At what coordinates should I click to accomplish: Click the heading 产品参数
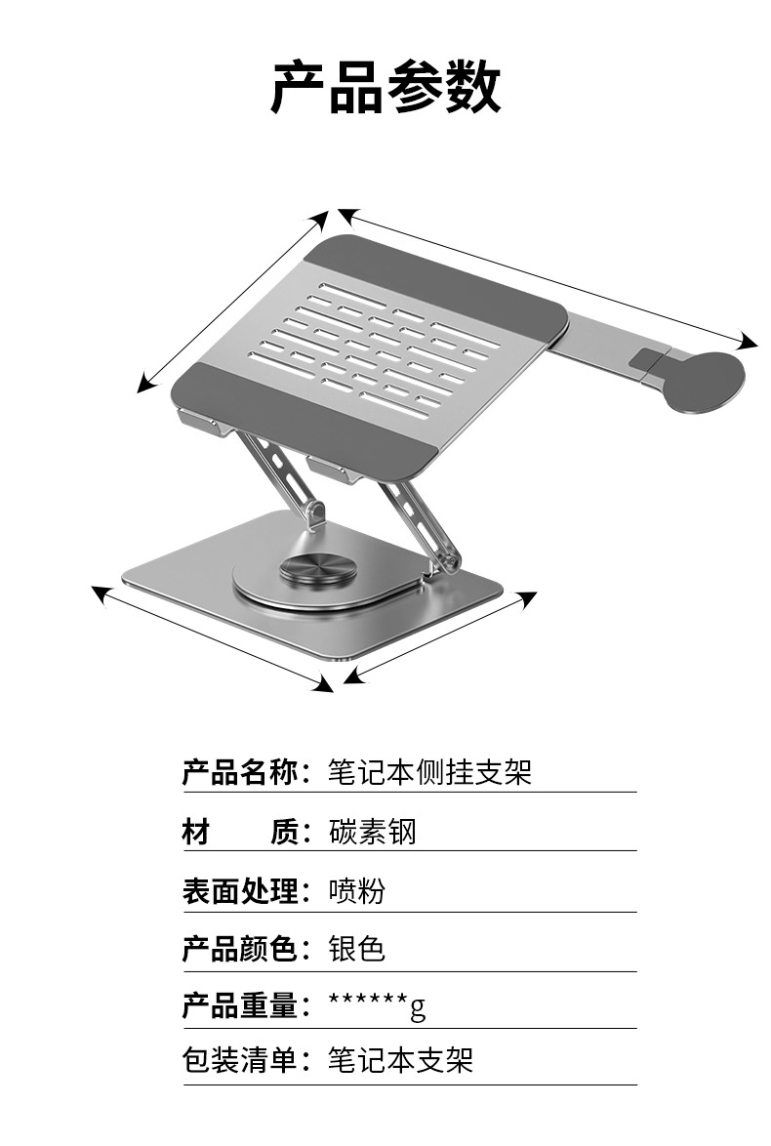pos(385,87)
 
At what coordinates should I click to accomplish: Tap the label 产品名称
pos(239,773)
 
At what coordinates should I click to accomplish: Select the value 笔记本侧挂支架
pos(429,773)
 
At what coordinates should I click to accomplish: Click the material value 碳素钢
pos(372,832)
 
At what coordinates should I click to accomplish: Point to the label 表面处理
pos(239,890)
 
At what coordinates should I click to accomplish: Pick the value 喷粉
pos(357,890)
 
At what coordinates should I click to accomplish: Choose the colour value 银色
pos(357,948)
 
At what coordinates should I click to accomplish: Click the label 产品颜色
pos(239,948)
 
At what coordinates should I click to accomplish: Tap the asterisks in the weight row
pos(368,1003)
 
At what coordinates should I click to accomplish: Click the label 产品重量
pos(239,1005)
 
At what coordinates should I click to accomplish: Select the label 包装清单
pos(239,1060)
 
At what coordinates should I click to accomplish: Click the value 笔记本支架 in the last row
pos(400,1060)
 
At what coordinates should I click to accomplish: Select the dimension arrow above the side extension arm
pos(548,277)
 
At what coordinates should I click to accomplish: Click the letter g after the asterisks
pos(418,1007)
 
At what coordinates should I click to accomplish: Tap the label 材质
pos(239,832)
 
